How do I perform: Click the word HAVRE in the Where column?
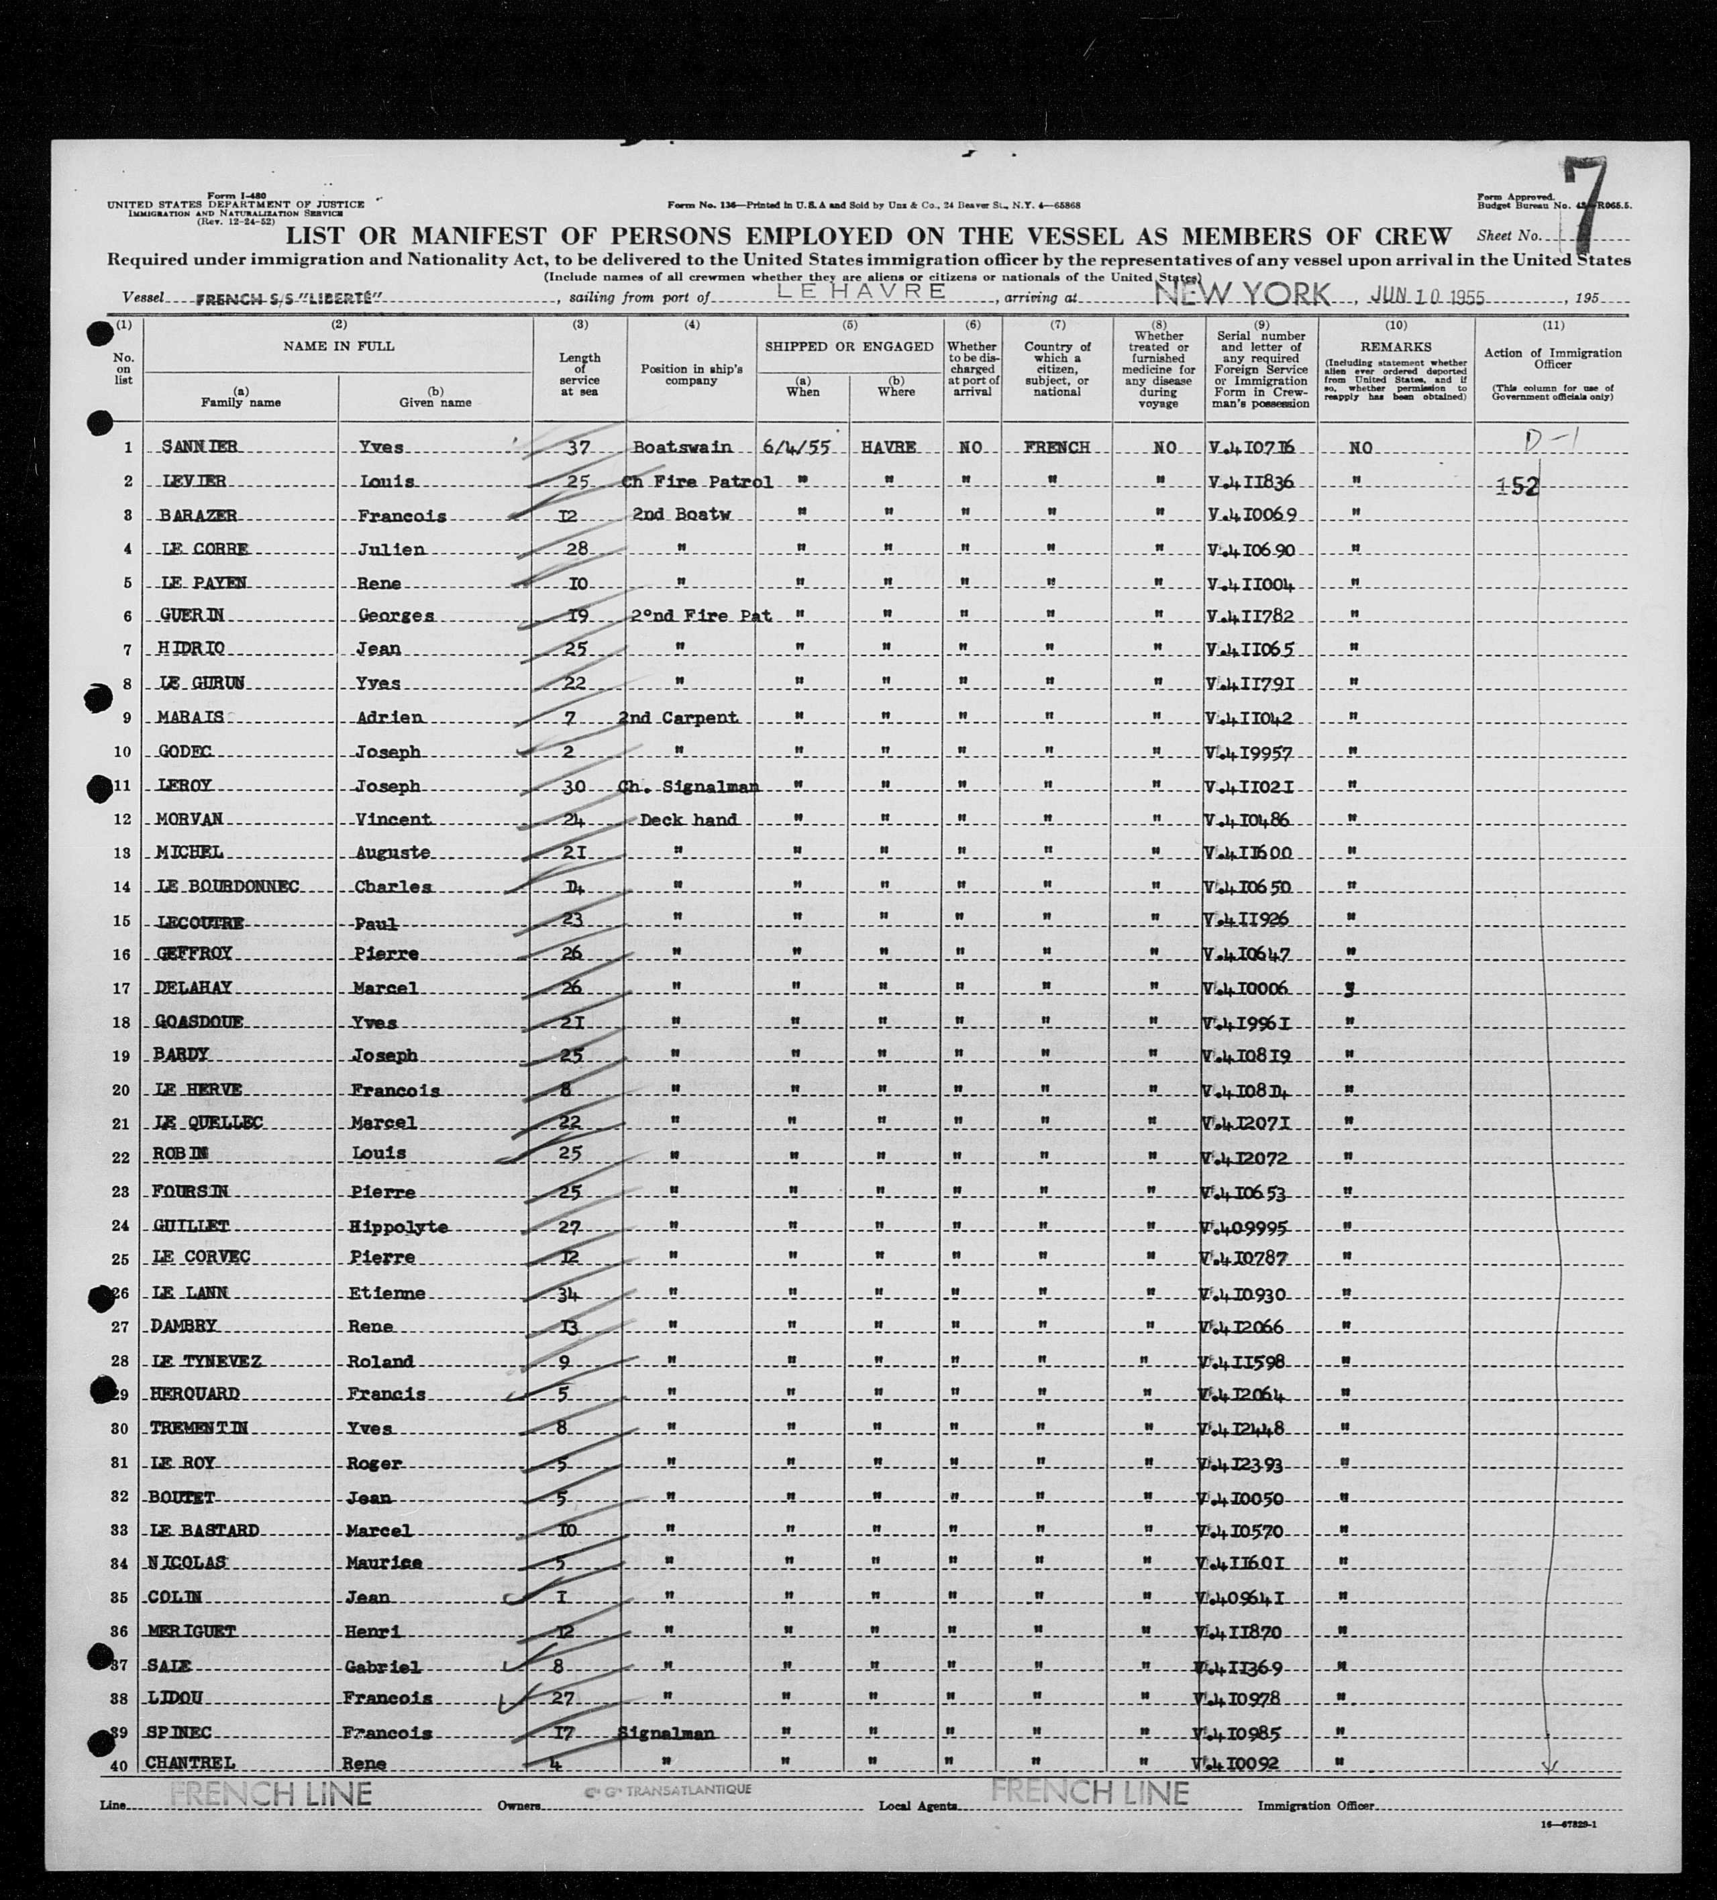click(x=888, y=447)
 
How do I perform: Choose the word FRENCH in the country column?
click(x=1056, y=447)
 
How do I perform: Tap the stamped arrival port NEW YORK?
click(x=1242, y=295)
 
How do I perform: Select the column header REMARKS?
click(x=1396, y=347)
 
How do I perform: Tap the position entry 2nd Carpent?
click(x=678, y=717)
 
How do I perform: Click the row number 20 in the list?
click(x=121, y=1090)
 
